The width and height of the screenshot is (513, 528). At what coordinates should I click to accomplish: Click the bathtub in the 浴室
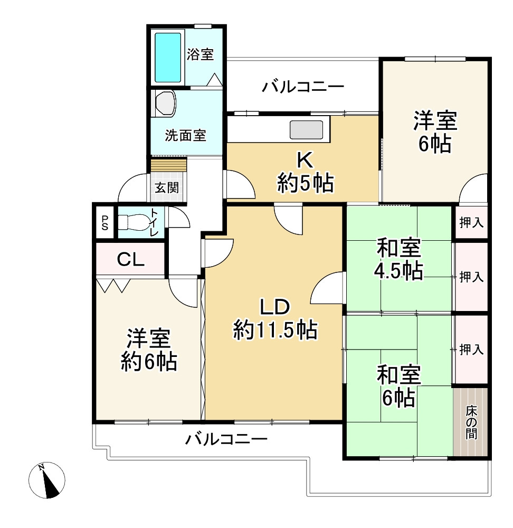click(x=168, y=57)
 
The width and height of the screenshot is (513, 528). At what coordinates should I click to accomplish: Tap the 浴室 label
click(x=201, y=54)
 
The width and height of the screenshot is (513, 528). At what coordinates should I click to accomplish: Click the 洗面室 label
click(x=185, y=136)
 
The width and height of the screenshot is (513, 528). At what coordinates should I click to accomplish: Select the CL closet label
click(x=131, y=259)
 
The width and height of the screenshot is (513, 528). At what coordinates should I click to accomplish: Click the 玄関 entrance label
click(x=166, y=187)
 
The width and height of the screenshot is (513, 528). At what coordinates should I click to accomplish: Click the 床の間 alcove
click(x=471, y=422)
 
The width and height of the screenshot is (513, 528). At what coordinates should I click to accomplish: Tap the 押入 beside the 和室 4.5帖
click(x=471, y=277)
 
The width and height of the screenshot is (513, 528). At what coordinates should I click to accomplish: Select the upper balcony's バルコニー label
click(x=303, y=86)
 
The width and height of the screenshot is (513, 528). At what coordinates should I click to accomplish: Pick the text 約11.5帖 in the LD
click(x=275, y=331)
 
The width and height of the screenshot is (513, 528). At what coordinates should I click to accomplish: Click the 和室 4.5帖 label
click(x=398, y=259)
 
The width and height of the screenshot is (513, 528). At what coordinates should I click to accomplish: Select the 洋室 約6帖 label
click(x=149, y=350)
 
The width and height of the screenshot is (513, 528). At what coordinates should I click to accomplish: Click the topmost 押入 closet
click(x=471, y=222)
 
